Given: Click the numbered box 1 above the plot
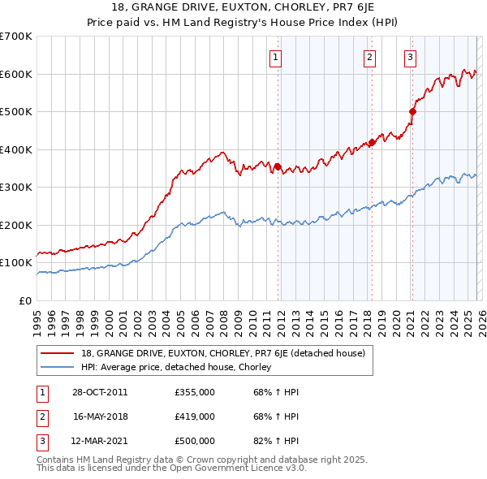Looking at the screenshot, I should [x=276, y=57].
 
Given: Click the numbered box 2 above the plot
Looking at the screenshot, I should [x=370, y=57].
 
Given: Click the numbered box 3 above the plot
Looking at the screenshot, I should [x=411, y=57].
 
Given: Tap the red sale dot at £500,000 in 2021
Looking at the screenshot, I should [x=412, y=111].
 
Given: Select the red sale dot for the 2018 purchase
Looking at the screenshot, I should [x=372, y=142].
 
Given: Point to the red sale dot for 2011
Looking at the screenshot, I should [x=278, y=166].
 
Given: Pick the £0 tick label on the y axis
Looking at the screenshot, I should [x=25, y=300].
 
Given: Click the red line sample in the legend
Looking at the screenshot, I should [x=58, y=353].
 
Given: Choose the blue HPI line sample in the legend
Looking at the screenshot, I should [x=58, y=367].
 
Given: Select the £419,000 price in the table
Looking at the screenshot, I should [x=195, y=416].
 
